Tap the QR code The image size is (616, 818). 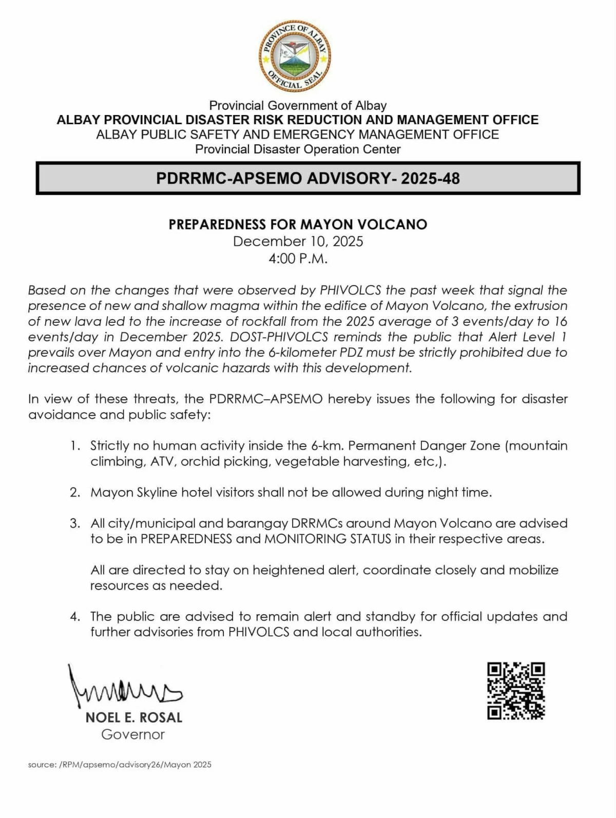tap(515, 691)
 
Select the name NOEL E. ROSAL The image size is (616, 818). tap(134, 717)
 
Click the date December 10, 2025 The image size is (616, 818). tap(298, 241)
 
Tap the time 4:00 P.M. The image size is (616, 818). tap(298, 258)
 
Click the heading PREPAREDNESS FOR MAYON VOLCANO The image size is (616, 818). tap(298, 224)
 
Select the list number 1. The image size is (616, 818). tap(75, 445)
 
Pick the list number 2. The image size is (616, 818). tap(75, 492)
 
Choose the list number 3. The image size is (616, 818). tap(75, 523)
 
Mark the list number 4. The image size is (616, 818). tap(75, 616)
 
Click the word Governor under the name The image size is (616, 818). tap(133, 734)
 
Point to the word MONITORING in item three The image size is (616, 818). tap(305, 539)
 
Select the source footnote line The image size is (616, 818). tap(120, 765)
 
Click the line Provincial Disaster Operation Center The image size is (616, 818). tap(298, 149)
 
